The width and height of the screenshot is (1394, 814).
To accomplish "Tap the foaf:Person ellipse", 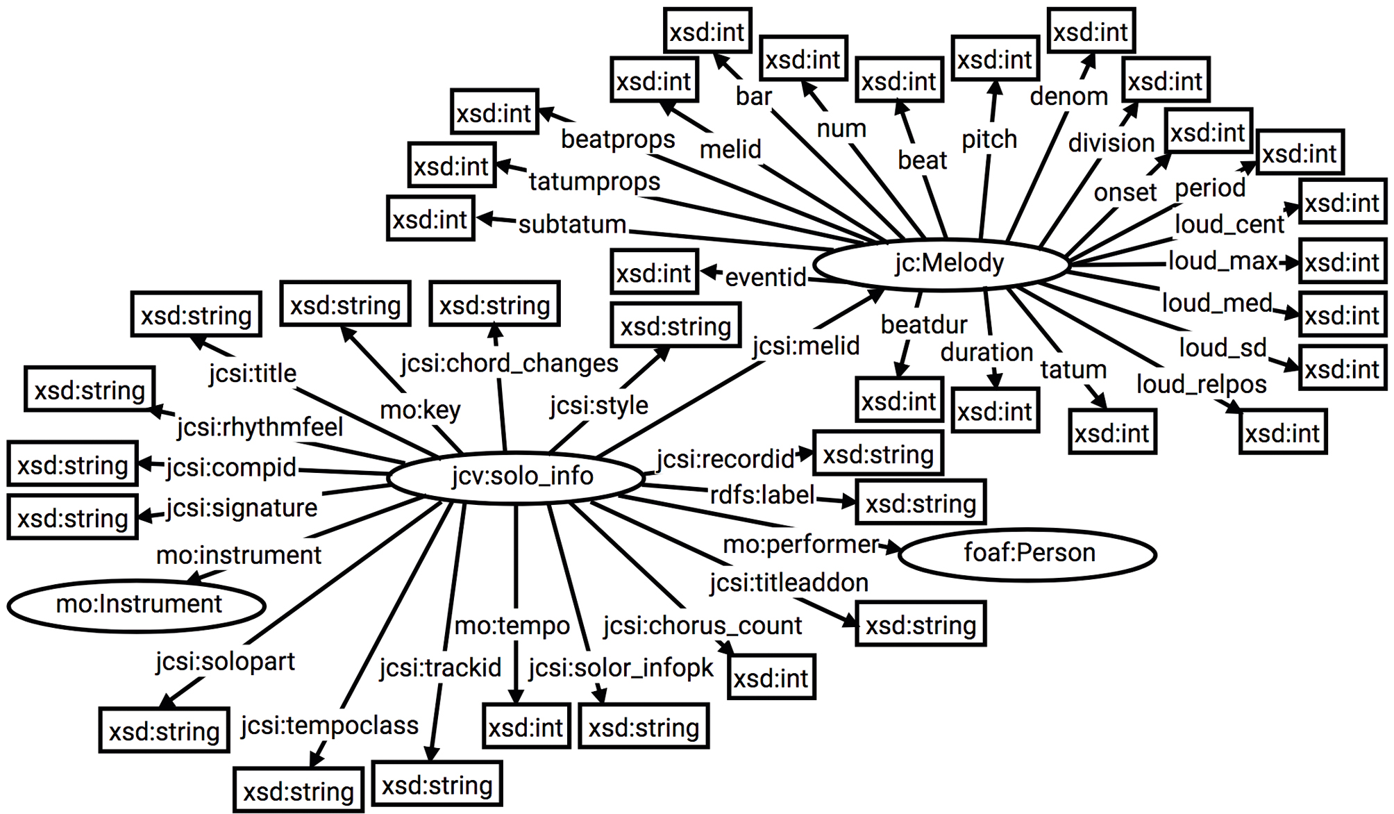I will [1028, 553].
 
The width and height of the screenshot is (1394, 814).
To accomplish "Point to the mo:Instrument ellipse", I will [137, 604].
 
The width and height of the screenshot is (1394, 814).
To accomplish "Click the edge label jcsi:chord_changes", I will [509, 363].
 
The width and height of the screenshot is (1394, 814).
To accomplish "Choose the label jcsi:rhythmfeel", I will [260, 427].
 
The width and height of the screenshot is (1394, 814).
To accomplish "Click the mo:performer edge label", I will [800, 545].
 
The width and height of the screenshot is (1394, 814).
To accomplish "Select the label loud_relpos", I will [1201, 384].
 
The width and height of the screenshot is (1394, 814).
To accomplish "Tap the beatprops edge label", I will [617, 139].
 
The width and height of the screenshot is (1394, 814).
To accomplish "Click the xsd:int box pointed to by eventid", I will [654, 273].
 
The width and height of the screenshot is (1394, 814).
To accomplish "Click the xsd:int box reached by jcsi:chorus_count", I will [771, 678].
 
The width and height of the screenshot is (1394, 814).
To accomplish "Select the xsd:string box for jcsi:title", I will [196, 315].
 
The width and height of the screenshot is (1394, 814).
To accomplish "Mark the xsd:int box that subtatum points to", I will [430, 219].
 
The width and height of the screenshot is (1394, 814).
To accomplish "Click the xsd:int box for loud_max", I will [1341, 263].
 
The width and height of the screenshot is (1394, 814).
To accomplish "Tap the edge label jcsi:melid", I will [805, 345].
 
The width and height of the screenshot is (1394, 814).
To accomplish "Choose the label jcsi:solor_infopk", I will [620, 668].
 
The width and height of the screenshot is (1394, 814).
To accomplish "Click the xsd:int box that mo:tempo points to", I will [526, 727].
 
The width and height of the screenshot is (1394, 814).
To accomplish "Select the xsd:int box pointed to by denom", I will [1090, 32].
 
